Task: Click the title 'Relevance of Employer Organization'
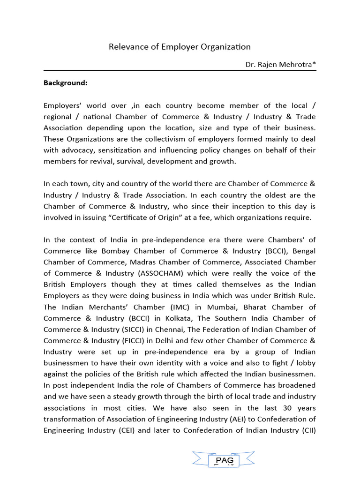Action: click(x=180, y=47)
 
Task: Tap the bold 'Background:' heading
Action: click(x=66, y=83)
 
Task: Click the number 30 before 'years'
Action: click(x=281, y=397)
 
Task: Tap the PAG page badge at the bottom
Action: click(x=225, y=461)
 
